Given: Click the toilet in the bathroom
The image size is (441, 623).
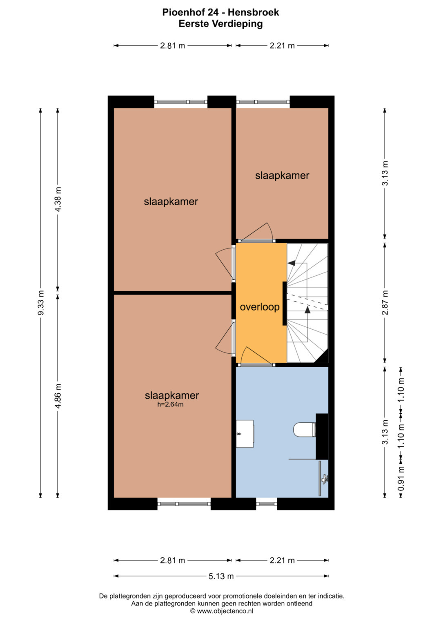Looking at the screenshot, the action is click(304, 430).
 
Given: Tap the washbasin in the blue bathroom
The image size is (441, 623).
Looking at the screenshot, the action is click(245, 434).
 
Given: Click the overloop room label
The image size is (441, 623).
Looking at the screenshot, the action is click(259, 307).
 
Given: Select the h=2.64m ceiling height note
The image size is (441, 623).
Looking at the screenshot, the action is click(170, 404).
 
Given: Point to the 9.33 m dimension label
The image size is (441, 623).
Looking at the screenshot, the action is click(41, 303).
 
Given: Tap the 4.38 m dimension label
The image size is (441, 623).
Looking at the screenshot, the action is click(58, 199).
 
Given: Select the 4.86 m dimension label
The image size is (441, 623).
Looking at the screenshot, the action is click(58, 396).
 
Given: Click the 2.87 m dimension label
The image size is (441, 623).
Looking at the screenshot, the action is click(385, 303).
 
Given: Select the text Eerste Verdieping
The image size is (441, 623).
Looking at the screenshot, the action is click(220, 24).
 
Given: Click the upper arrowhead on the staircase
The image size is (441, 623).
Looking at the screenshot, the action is click(292, 263).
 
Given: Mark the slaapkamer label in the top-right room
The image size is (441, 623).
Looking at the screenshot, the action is click(282, 175).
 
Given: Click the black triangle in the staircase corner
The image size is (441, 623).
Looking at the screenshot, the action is click(323, 357).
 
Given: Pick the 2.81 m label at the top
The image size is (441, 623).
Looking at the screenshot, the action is click(172, 46).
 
